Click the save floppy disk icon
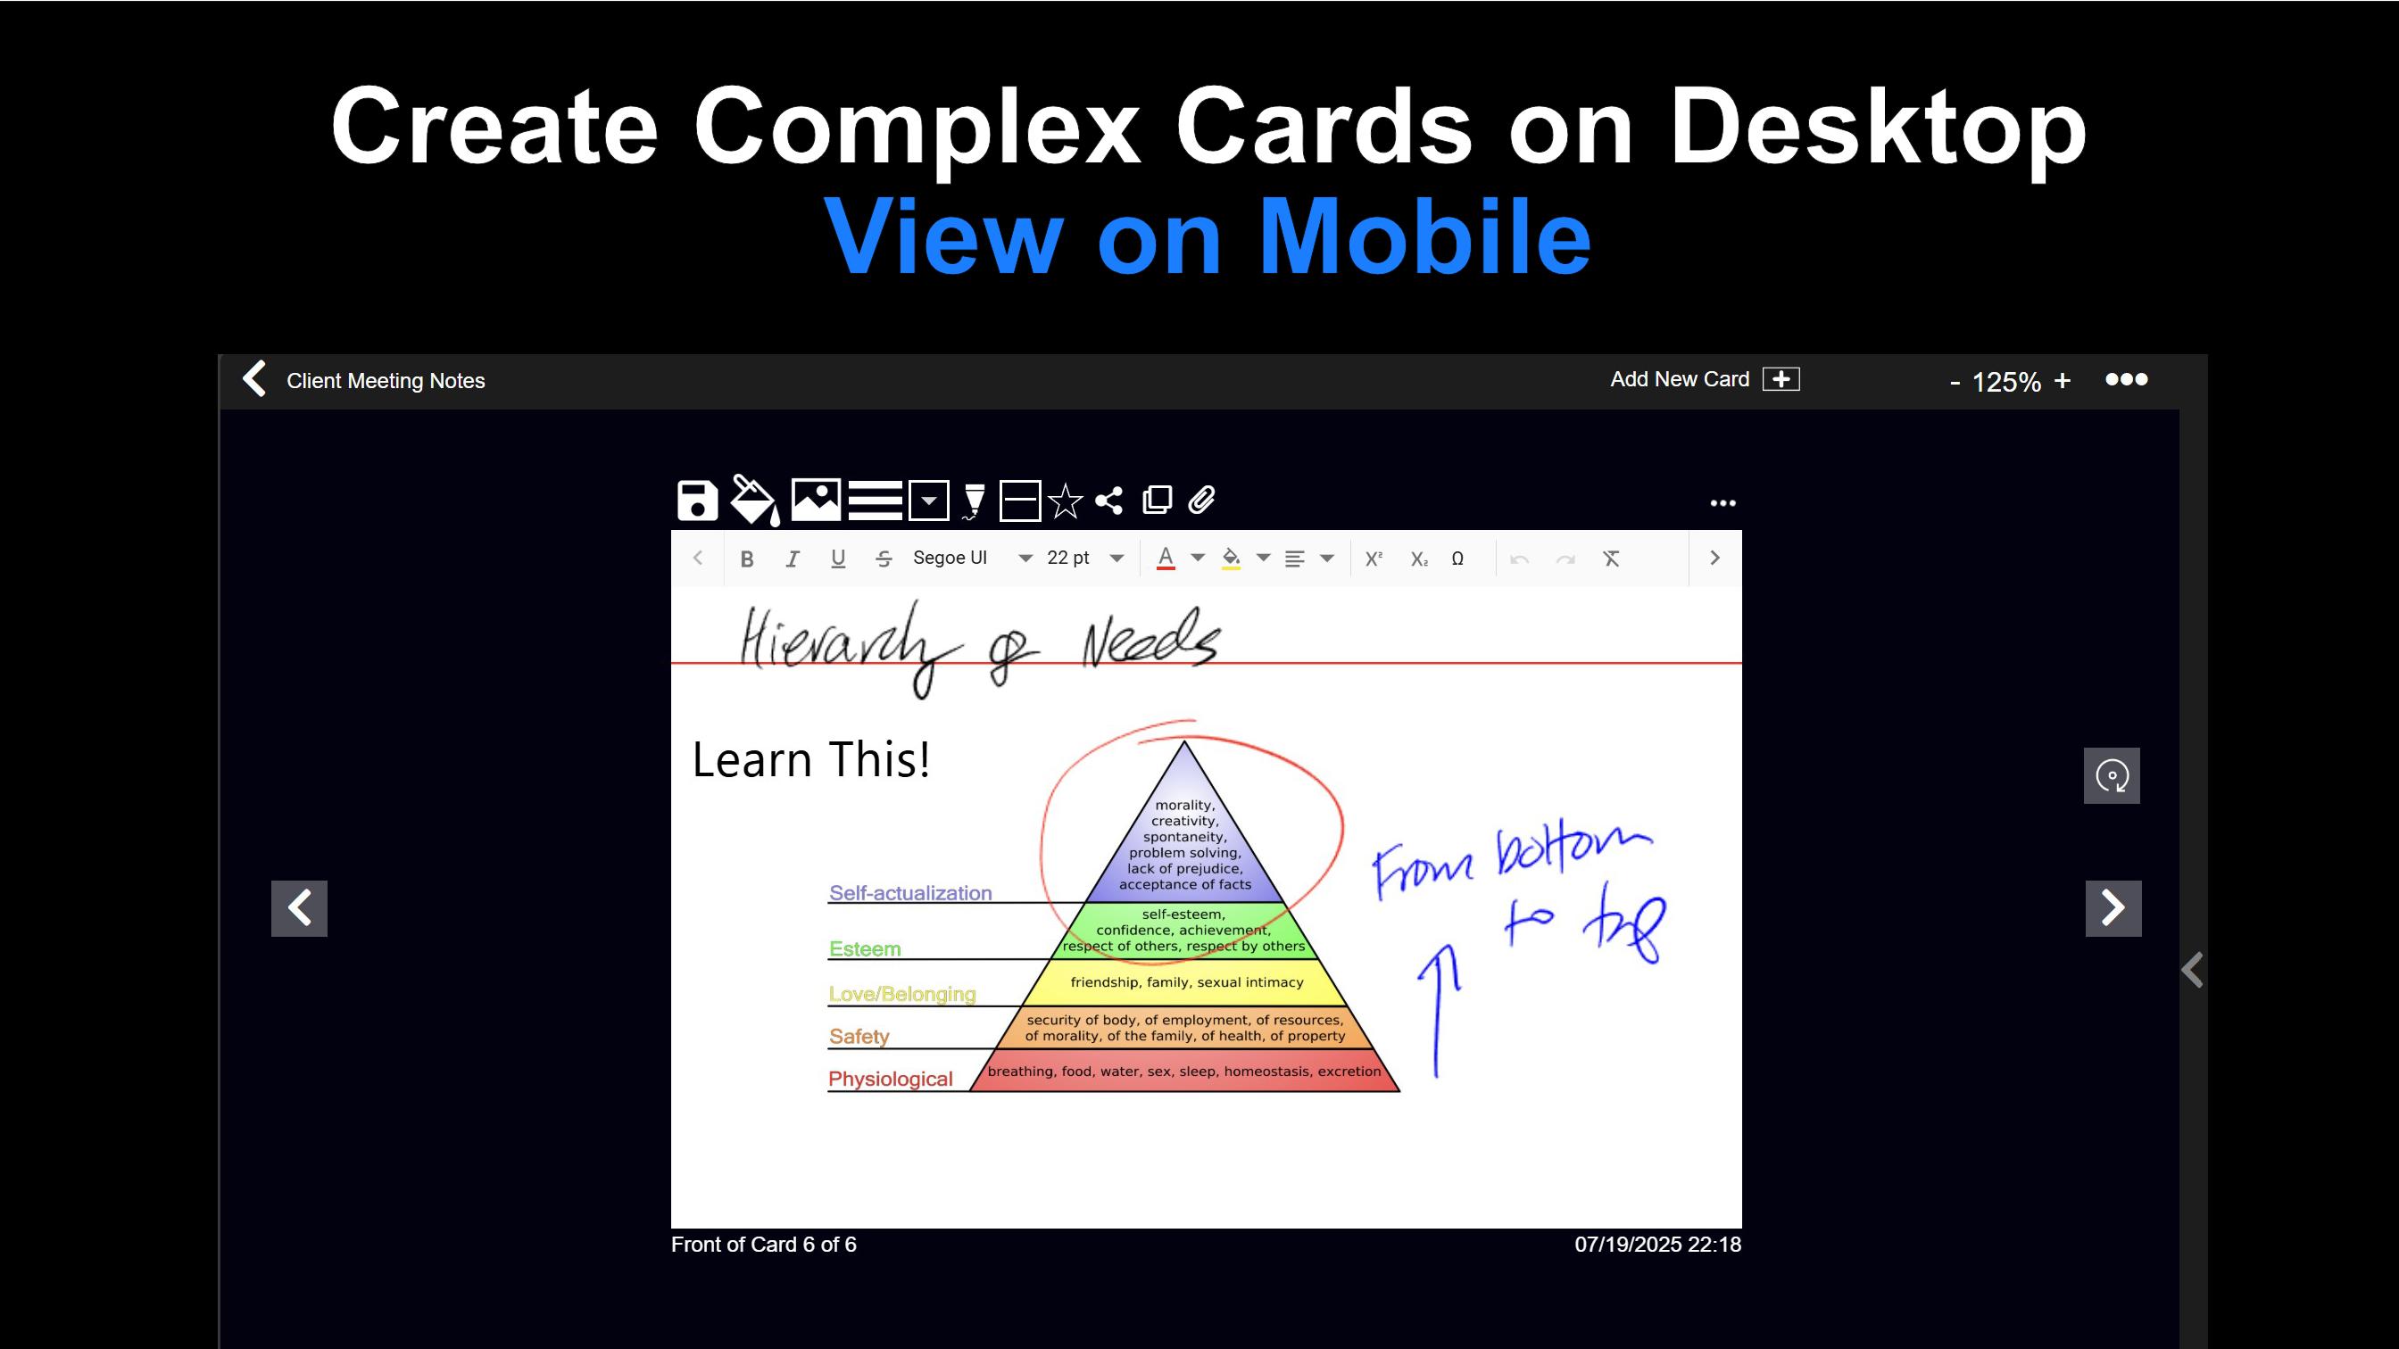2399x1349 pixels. pos(697,501)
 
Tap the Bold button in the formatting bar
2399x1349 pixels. pos(747,559)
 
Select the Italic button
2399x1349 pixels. pos(793,559)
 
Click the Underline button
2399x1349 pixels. pos(838,559)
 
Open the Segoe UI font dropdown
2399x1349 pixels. pos(972,558)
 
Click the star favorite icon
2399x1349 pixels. pos(1066,501)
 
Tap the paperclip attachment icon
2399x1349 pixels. pos(1201,500)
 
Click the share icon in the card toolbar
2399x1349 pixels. pos(1108,501)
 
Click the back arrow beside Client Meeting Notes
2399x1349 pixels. pos(254,379)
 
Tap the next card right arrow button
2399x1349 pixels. pos(2113,907)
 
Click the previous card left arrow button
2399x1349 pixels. pos(299,907)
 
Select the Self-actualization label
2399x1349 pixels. pos(909,893)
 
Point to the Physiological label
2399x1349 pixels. pos(891,1078)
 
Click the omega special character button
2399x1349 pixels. pos(1457,559)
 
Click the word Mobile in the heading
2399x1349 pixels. pos(1425,236)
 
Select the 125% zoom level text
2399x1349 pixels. pos(2006,382)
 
